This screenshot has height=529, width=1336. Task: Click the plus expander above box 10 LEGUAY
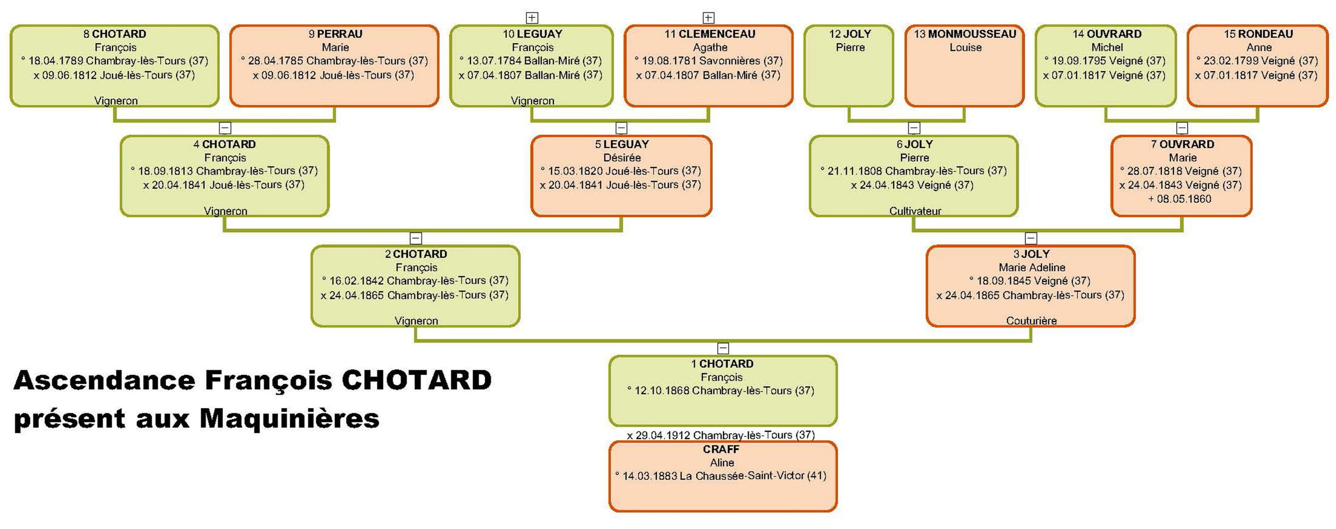click(x=532, y=18)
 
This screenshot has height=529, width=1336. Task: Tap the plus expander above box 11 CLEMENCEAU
click(x=709, y=18)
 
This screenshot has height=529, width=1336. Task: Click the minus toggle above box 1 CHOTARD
click(x=723, y=348)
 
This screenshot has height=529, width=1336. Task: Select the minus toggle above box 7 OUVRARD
click(x=1182, y=128)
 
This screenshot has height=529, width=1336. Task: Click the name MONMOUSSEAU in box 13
click(x=972, y=34)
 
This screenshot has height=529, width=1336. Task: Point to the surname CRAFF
click(x=721, y=449)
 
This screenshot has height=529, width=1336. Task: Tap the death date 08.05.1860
click(x=1183, y=199)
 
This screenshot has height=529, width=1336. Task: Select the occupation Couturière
click(x=1031, y=321)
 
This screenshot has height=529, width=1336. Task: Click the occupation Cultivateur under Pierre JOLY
click(x=915, y=211)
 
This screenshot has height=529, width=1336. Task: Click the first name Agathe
click(x=710, y=47)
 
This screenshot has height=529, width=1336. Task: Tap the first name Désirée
click(x=622, y=157)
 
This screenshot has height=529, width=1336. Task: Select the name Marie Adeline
click(x=1032, y=267)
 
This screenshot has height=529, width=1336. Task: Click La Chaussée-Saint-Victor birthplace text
click(x=742, y=475)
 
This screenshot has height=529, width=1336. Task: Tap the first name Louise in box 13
click(x=965, y=47)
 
